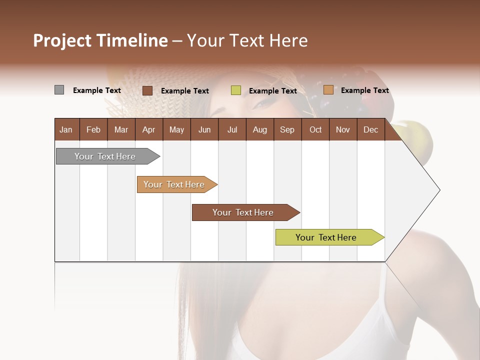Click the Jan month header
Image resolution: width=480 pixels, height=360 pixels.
66,129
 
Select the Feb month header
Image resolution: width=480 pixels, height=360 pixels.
93,129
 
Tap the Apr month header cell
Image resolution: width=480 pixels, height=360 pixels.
148,129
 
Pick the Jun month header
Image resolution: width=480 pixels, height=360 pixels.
204,129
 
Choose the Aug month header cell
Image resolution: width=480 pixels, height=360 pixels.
259,129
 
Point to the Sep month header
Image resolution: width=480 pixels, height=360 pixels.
287,129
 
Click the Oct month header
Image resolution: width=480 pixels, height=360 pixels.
315,129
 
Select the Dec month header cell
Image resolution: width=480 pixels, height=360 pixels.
370,129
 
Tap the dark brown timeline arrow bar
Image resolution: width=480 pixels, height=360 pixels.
243,212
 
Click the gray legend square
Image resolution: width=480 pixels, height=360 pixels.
59,90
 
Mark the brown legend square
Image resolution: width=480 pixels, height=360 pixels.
147,90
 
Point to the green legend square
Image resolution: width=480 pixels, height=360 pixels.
236,90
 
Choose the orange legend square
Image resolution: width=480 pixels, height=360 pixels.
328,90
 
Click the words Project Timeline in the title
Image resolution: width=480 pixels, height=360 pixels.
100,40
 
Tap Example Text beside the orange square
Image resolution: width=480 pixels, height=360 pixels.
364,90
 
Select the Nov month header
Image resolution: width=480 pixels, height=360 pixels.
342,129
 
